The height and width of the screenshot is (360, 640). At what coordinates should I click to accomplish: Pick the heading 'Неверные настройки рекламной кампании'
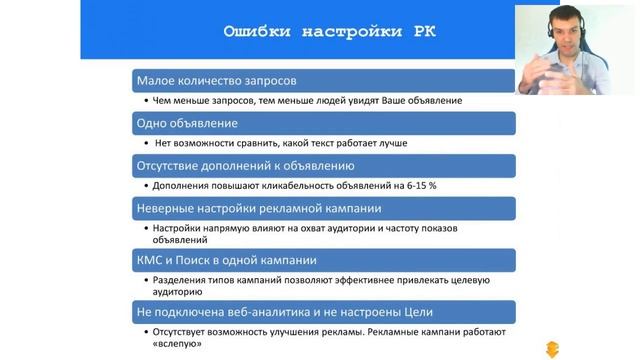(259, 208)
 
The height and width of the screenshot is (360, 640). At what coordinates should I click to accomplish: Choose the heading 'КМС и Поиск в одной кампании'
(227, 260)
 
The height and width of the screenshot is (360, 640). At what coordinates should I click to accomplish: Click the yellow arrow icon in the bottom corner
(552, 349)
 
